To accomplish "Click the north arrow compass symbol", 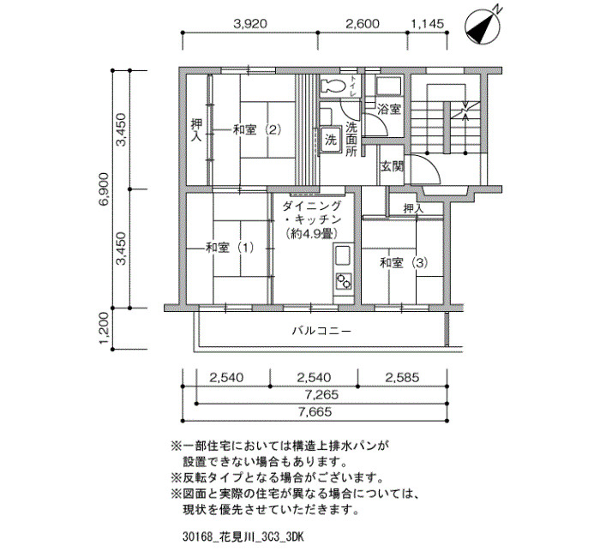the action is pos(483,26).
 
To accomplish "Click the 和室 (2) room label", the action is pos(257,130).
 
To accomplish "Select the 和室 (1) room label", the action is pos(230,248).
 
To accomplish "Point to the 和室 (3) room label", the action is pos(404,263).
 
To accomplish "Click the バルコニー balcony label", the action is pos(321,331).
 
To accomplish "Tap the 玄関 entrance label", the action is pos(393,167).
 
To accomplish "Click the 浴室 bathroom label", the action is pos(389,110).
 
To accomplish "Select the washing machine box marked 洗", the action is pos(330,140).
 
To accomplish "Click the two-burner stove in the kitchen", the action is pos(343,282).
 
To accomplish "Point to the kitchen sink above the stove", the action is pos(343,256).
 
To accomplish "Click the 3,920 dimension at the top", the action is pos(250,24).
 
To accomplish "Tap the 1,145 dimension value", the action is pos(428,24).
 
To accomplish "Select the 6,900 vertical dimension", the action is pos(104,189).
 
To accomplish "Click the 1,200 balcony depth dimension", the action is pos(104,329).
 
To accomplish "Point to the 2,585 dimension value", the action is pos(402,378).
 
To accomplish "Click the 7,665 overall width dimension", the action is pos(315,412).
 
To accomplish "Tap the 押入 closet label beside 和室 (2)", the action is pos(196,130).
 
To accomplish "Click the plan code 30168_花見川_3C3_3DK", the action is pos(243,537).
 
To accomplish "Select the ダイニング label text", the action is pos(311,207).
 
